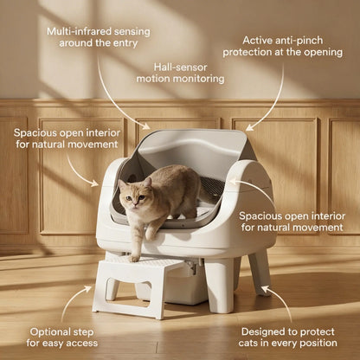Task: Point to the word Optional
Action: point(51,331)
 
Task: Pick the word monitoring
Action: point(197,78)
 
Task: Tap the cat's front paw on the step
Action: point(134,256)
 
